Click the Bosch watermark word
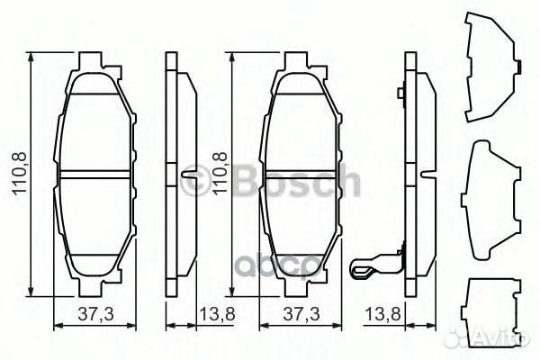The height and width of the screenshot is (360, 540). pyautogui.click(x=296, y=184)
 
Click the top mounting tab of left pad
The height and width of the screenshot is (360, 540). pyautogui.click(x=98, y=64)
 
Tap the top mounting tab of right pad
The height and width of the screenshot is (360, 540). pyautogui.click(x=302, y=64)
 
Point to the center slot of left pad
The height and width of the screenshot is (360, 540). pyautogui.click(x=98, y=174)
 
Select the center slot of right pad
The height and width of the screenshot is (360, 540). pyautogui.click(x=302, y=174)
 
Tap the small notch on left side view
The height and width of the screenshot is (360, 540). pyautogui.click(x=188, y=174)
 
